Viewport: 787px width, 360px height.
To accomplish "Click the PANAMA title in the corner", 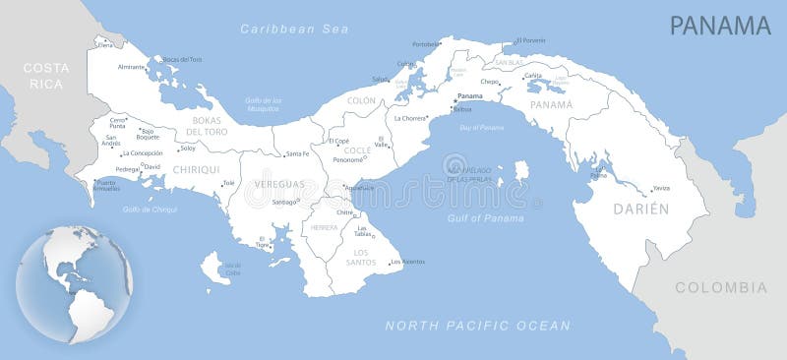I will tap(720, 26).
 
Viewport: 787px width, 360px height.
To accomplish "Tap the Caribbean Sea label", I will tap(295, 29).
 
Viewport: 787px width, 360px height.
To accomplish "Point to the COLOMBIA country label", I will tap(720, 287).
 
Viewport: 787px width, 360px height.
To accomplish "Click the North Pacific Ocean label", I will tap(477, 326).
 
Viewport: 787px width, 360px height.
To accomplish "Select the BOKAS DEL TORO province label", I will tap(208, 126).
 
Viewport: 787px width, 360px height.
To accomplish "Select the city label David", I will tap(152, 166).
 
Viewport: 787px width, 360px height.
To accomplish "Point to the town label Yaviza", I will tap(660, 188).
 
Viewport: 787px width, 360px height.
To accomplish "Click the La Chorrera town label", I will tap(410, 118).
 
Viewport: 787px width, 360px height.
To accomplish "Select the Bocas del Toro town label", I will tap(182, 60).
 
